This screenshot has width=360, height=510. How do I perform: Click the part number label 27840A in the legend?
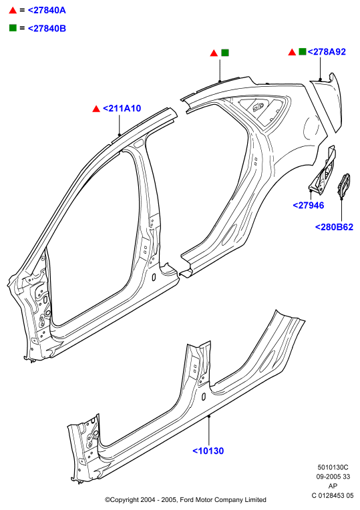pos(47,11)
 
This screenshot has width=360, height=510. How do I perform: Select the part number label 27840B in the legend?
pos(47,29)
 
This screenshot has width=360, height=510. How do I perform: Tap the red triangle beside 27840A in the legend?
pos(13,11)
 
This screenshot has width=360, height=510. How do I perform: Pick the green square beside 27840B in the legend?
pos(13,28)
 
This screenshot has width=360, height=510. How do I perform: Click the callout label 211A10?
pos(122,108)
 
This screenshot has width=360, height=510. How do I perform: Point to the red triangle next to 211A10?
pos(96,109)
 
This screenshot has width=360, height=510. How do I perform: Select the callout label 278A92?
pos(327,51)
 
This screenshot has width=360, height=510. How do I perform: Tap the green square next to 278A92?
pos(303,51)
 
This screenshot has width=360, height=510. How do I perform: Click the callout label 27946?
pos(309,205)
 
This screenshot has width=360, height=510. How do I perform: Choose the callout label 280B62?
pos(334,227)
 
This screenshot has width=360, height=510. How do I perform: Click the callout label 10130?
pos(208,451)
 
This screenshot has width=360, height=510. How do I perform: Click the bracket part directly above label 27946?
pos(322,171)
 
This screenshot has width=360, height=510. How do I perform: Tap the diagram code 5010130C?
pos(333,467)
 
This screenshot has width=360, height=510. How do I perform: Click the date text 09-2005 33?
pos(333,477)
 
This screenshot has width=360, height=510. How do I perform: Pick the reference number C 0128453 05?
pos(333,495)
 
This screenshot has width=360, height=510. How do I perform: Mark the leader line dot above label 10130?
pos(209,416)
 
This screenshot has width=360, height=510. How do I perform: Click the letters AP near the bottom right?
pos(333,486)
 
